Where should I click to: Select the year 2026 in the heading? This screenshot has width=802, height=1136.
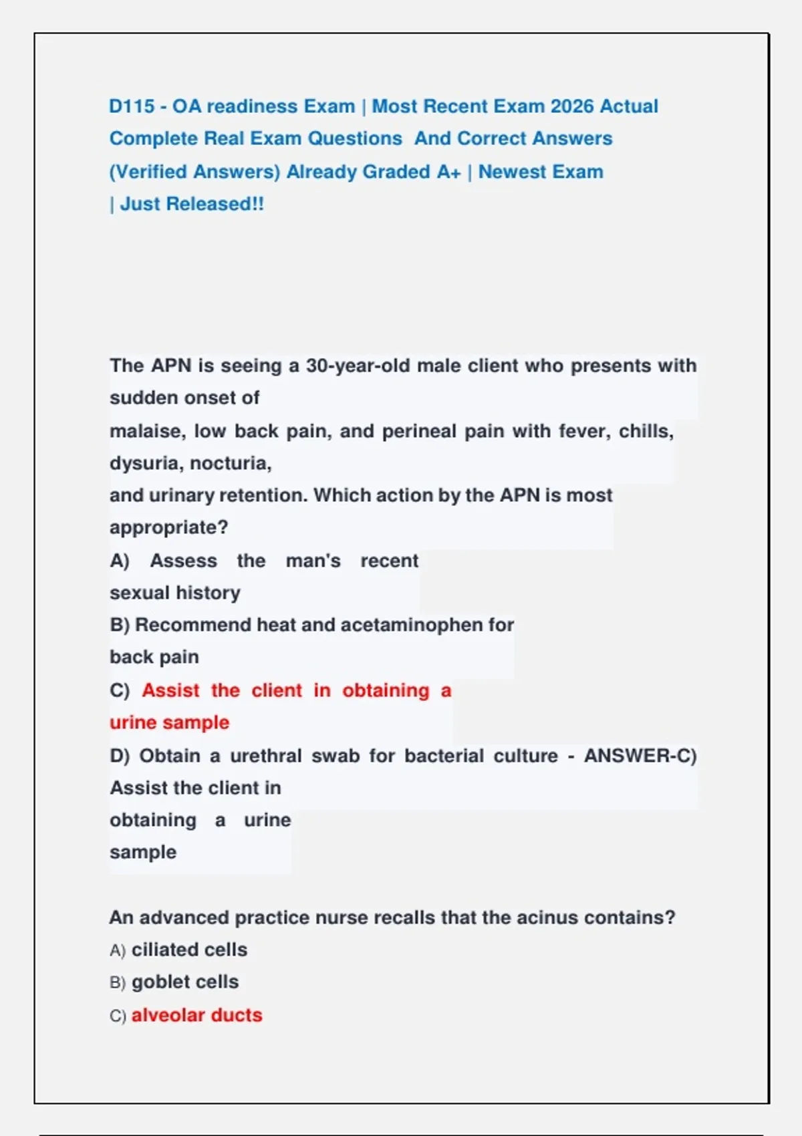571,106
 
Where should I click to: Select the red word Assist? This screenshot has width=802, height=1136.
170,690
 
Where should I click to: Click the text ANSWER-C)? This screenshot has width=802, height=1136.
640,756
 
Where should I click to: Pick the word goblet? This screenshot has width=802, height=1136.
156,982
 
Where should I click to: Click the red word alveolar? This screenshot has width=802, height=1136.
166,1015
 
